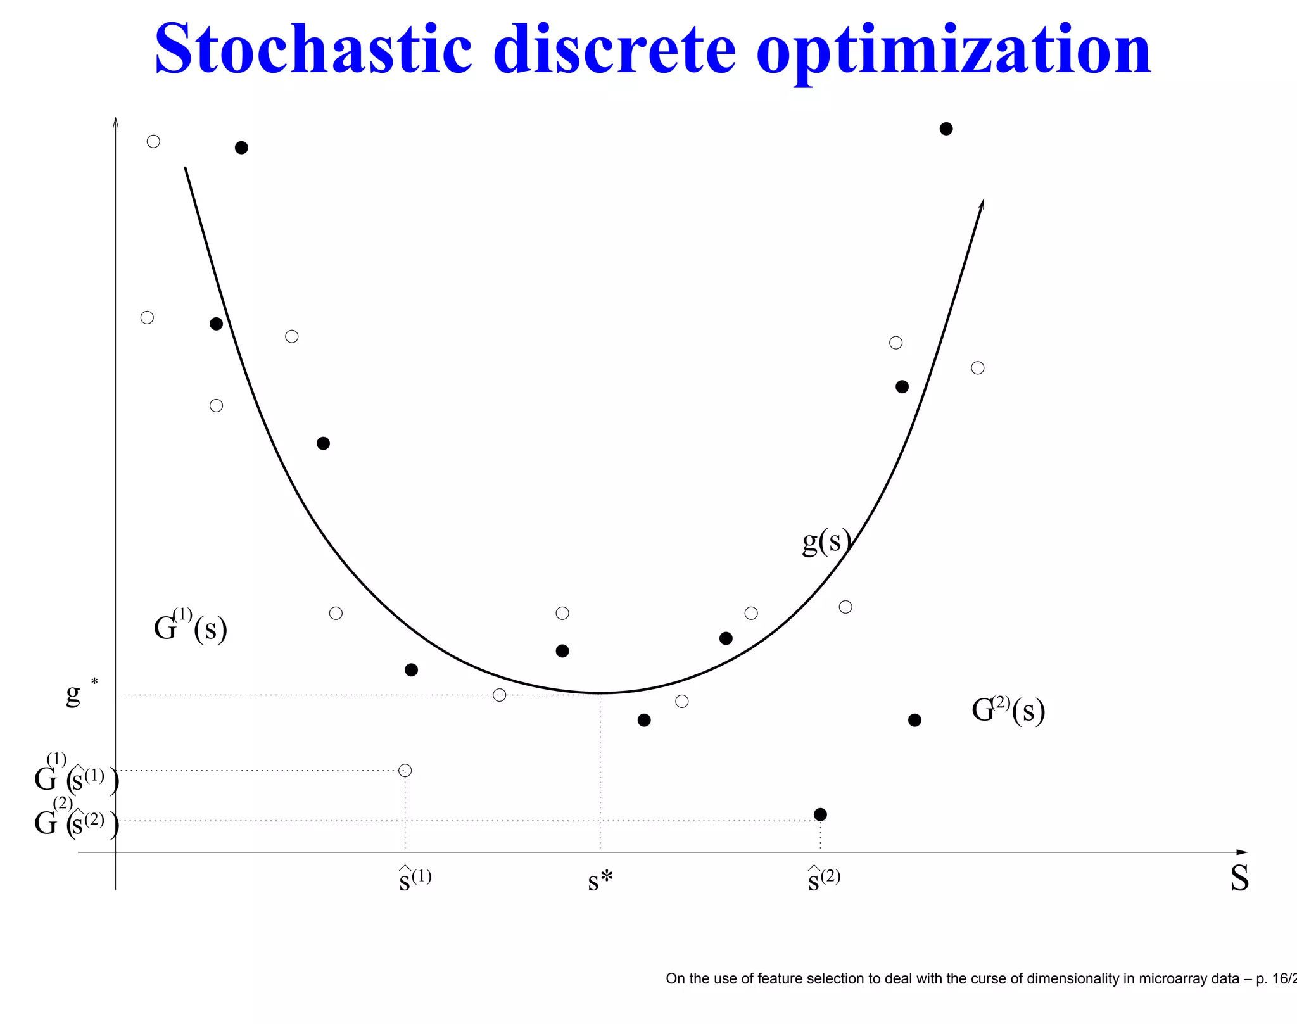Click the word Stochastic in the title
tap(313, 49)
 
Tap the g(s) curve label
tap(826, 541)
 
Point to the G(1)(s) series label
tap(190, 627)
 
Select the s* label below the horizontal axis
tap(600, 880)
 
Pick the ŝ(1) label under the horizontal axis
tap(415, 879)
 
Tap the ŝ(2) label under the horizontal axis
tap(824, 879)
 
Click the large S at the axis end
tap(1239, 879)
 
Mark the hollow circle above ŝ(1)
tap(405, 770)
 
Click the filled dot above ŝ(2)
tap(820, 814)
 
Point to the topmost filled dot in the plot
tap(946, 129)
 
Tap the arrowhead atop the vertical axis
tap(115, 122)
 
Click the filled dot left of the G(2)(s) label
tap(914, 720)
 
